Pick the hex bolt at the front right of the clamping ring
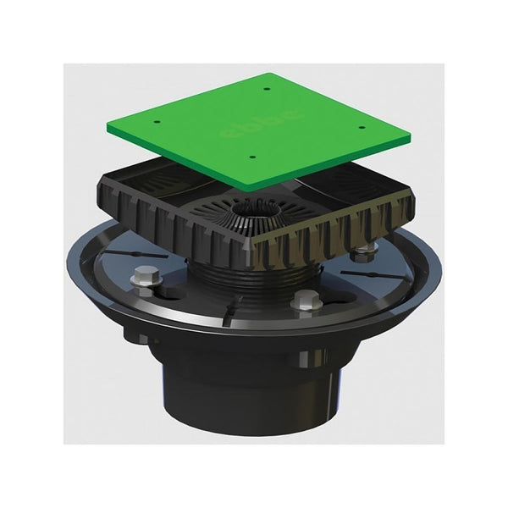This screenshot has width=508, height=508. pyautogui.click(x=306, y=301)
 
